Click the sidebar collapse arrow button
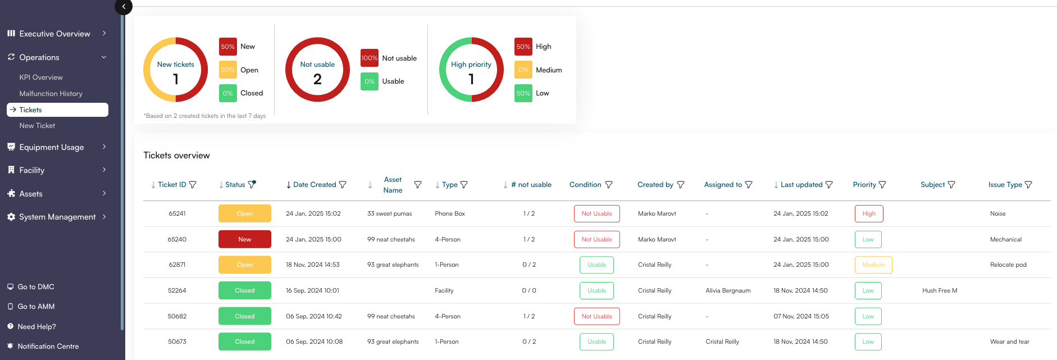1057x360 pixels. [124, 7]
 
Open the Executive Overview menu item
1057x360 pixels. [54, 34]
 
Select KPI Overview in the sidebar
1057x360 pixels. [41, 78]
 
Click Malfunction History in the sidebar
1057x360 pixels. [51, 94]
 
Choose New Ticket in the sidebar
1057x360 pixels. [37, 126]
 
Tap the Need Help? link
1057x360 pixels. [37, 327]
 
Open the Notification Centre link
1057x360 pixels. [48, 347]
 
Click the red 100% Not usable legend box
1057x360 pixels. [369, 58]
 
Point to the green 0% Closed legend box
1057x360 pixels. [227, 93]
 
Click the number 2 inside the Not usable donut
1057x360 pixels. [317, 79]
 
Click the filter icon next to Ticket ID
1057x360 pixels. [193, 185]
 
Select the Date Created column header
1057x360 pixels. [314, 185]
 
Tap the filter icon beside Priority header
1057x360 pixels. [882, 185]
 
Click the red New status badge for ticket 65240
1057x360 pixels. [245, 239]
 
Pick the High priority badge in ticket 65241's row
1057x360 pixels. [869, 213]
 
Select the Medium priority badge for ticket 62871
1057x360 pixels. [873, 265]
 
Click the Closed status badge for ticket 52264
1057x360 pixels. [245, 290]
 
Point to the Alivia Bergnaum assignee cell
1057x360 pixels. [728, 290]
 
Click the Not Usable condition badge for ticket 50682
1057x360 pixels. [596, 316]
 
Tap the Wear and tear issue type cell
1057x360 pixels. [1009, 341]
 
